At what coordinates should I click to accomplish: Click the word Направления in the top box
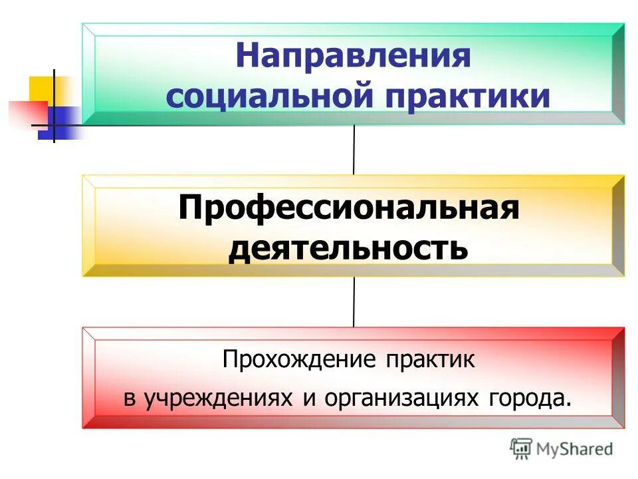[352, 56]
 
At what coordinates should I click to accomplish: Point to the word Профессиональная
[348, 210]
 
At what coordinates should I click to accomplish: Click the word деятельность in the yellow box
[348, 249]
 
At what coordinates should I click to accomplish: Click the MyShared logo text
[575, 449]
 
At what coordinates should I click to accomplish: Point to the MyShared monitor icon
[522, 448]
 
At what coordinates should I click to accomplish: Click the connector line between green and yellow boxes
[354, 150]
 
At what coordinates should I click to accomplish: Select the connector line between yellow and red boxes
[354, 302]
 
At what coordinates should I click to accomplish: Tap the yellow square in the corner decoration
[42, 88]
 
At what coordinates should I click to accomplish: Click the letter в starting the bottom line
[130, 399]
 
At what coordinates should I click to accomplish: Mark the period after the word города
[568, 403]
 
